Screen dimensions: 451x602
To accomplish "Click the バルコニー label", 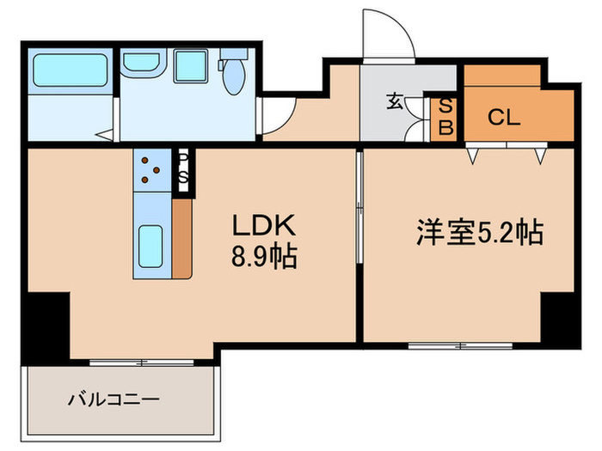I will pyautogui.click(x=114, y=399).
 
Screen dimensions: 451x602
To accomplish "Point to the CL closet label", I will pyautogui.click(x=505, y=118).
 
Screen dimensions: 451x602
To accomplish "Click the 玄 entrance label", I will pyautogui.click(x=394, y=102).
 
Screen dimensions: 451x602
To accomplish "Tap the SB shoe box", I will pyautogui.click(x=445, y=116).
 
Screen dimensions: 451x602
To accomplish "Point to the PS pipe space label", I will pyautogui.click(x=183, y=168).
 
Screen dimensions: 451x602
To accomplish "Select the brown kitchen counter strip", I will pyautogui.click(x=181, y=238).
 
